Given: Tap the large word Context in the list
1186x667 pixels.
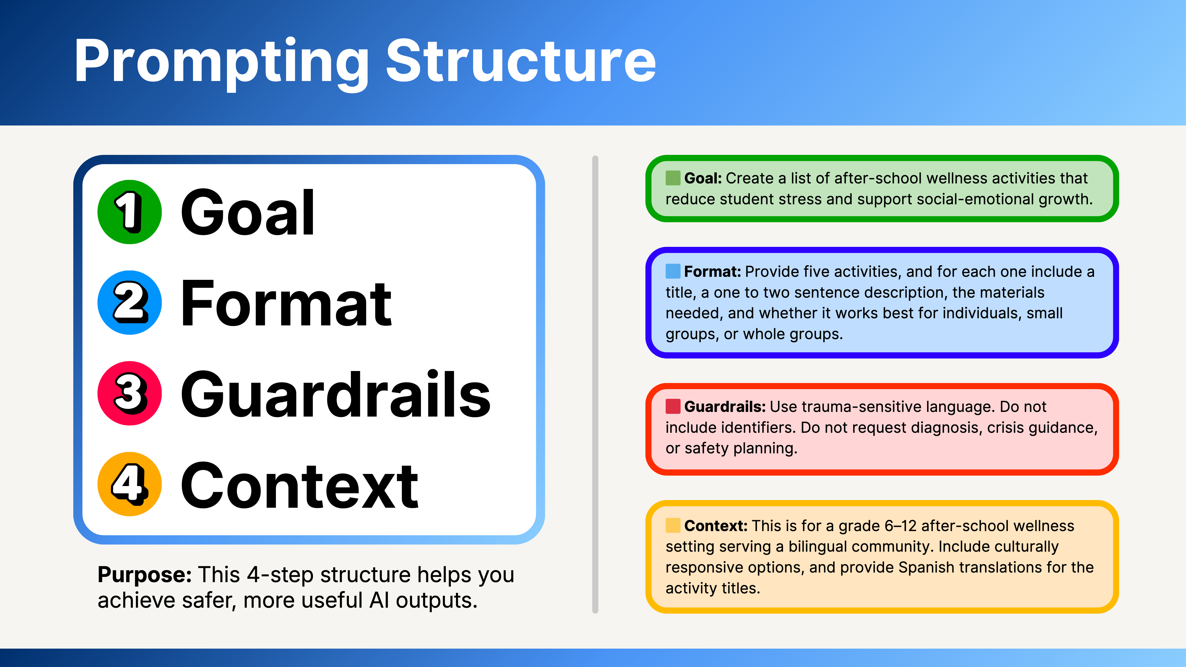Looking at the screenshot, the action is point(299,486).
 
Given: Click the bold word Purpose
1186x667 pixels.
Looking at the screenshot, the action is point(145,575).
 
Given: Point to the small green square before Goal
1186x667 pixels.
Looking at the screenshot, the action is point(673,178).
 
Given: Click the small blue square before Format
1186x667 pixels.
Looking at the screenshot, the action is point(673,271).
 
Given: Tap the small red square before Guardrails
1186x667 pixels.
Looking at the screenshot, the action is point(673,406).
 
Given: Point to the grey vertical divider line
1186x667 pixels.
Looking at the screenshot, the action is point(595,385).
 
